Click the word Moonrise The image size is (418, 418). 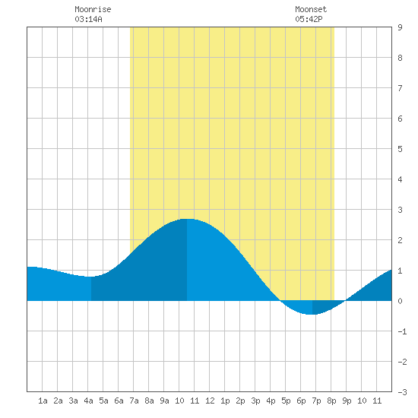point(93,9)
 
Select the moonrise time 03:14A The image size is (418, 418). point(88,19)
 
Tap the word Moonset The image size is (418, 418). point(311,9)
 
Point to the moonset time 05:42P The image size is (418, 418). point(309,19)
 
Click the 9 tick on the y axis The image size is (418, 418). point(400,27)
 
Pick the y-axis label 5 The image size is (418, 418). point(400,149)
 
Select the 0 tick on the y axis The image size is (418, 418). point(400,301)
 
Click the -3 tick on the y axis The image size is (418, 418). point(402,392)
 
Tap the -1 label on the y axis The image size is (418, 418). point(402,331)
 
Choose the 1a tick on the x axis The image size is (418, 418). point(43,401)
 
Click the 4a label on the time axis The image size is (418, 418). point(88,401)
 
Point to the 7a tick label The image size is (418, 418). point(134,401)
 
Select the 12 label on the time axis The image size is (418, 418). point(210,401)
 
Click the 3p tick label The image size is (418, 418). point(255,401)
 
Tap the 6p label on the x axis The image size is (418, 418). point(301,401)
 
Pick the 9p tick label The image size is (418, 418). point(347,401)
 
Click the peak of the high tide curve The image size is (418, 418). point(187,219)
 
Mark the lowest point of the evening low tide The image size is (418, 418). point(312,315)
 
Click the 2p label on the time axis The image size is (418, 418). point(240,401)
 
